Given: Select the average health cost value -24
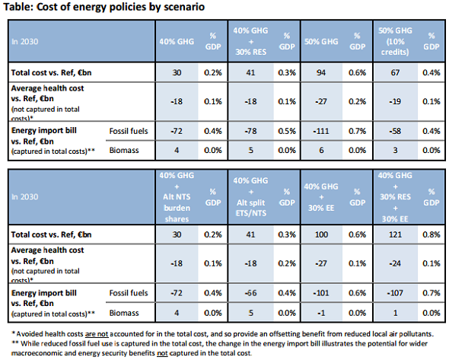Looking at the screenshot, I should click(396, 263).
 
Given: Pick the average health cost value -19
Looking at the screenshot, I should click(396, 100).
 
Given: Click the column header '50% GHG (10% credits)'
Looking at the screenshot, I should click(396, 40).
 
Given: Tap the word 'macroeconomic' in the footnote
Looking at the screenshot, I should click(43, 352).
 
